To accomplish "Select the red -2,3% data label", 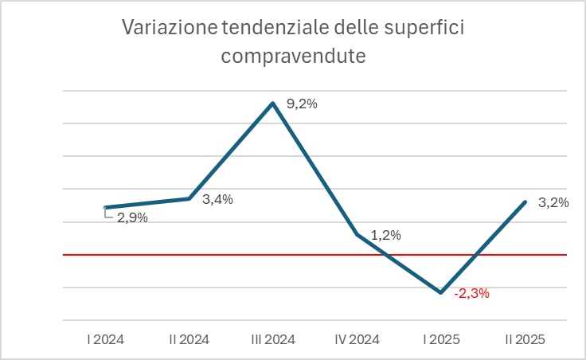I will [x=471, y=293].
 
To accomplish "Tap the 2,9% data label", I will [x=132, y=217].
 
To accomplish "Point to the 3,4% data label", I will [x=217, y=199].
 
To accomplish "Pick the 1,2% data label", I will [x=385, y=235].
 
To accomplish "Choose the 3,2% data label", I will [x=553, y=202].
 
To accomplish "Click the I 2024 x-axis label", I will [x=105, y=339].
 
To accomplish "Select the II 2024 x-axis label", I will [x=189, y=339].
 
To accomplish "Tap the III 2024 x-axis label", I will [x=273, y=339].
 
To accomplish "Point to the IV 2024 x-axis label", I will [x=357, y=339].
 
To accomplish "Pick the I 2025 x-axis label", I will [x=441, y=339].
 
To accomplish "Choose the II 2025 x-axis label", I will [x=525, y=339].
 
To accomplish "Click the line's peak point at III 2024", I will [x=273, y=103].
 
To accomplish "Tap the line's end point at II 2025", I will [x=525, y=202].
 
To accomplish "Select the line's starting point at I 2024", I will [x=106, y=207].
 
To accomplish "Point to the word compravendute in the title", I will [x=293, y=56].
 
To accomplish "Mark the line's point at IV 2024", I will [x=357, y=235].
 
